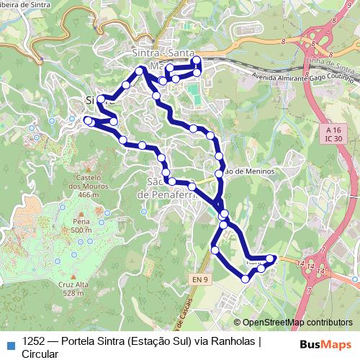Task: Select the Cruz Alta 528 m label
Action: pyautogui.click(x=76, y=288)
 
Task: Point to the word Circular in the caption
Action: pyautogui.click(x=40, y=354)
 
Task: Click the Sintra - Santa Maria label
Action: pyautogui.click(x=167, y=56)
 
